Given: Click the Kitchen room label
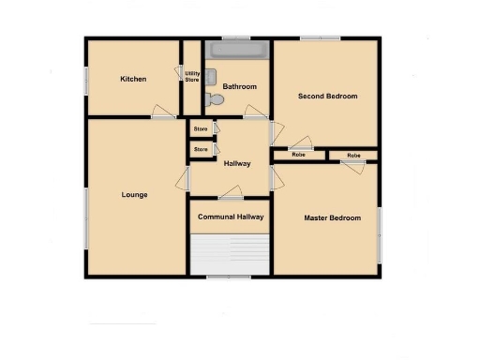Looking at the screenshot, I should pyautogui.click(x=133, y=79).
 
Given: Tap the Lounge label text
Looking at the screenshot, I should pyautogui.click(x=135, y=195).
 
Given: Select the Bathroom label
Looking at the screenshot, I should pyautogui.click(x=239, y=87).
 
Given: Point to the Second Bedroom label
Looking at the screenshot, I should pyautogui.click(x=327, y=96).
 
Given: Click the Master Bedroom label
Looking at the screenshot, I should pyautogui.click(x=332, y=218).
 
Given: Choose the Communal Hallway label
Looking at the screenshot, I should pyautogui.click(x=231, y=217).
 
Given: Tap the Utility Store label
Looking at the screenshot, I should pyautogui.click(x=192, y=76).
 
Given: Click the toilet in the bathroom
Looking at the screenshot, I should pyautogui.click(x=216, y=97).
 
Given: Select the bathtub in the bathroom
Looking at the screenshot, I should pyautogui.click(x=239, y=49).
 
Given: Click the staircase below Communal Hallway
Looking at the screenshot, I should pyautogui.click(x=231, y=253).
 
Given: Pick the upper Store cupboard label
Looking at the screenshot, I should pyautogui.click(x=201, y=129).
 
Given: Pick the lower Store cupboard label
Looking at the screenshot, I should pyautogui.click(x=201, y=149).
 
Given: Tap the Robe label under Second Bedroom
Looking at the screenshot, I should pyautogui.click(x=298, y=155).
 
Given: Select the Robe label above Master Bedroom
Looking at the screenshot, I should pyautogui.click(x=353, y=155).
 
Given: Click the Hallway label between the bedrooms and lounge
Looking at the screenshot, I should pyautogui.click(x=237, y=164).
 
